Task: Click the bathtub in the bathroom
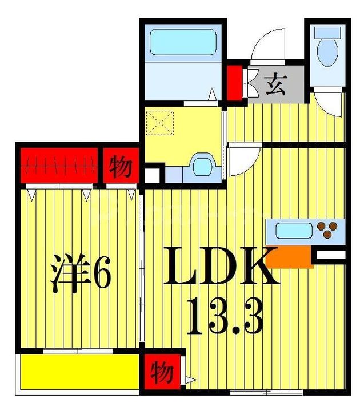pos(183,42)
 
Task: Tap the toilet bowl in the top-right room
pos(327,53)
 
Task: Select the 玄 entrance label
pos(275,84)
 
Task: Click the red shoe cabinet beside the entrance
pos(235,83)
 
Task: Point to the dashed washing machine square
pos(160,123)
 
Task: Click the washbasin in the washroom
pos(202,167)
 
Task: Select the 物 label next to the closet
pos(121,166)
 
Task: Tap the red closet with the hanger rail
pos(59,166)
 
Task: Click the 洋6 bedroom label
pos(81,273)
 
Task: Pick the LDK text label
pos(221,265)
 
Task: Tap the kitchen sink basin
pos(294,231)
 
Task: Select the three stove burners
pos(327,229)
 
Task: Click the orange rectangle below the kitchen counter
pos(290,257)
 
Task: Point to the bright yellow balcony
pos(80,372)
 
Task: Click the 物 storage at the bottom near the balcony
pos(162,372)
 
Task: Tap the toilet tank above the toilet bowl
pos(327,33)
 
